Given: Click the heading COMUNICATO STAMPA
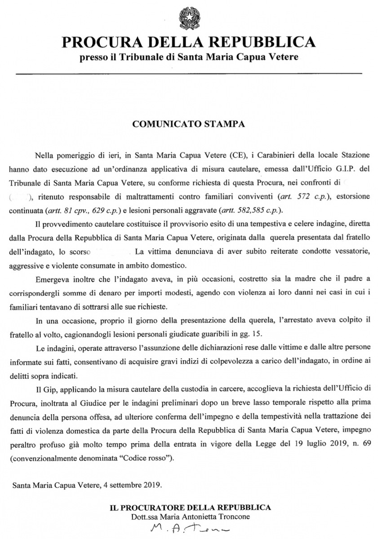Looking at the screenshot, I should coord(189,124).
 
